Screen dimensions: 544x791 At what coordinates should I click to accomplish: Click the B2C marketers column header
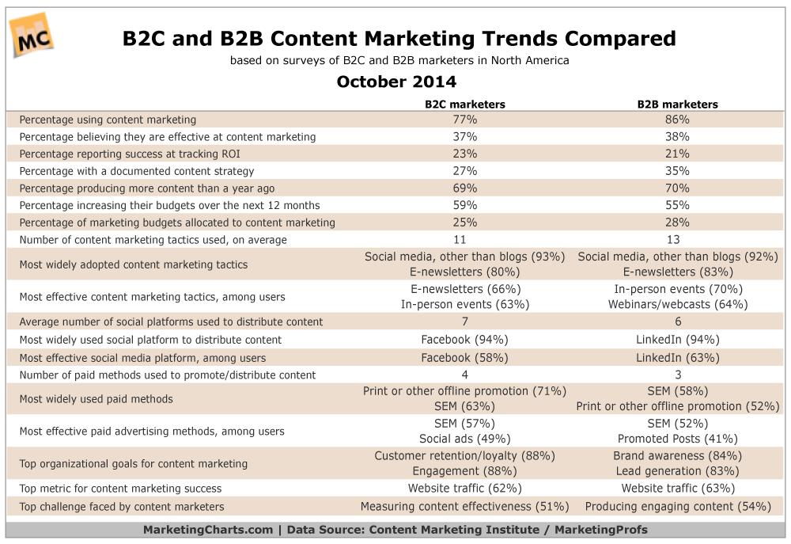[x=464, y=104]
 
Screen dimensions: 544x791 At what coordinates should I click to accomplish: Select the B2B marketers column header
[x=677, y=104]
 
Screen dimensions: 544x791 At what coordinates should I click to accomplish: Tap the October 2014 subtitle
[x=396, y=82]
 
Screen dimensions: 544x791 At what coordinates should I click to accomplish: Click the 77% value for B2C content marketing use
[x=464, y=120]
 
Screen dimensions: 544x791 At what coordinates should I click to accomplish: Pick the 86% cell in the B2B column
[x=677, y=120]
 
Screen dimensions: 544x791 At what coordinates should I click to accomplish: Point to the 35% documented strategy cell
[x=677, y=170]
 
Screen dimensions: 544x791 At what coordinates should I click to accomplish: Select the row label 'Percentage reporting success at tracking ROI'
[x=130, y=154]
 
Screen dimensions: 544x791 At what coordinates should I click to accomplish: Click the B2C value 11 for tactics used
[x=464, y=239]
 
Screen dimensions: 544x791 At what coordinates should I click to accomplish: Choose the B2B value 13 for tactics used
[x=677, y=239]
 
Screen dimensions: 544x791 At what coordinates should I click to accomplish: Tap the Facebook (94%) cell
[x=464, y=340]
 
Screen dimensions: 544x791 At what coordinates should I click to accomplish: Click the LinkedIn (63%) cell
[x=677, y=357]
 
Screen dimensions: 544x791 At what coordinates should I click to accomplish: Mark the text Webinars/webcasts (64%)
[x=677, y=304]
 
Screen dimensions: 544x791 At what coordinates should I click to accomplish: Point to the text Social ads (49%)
[x=464, y=439]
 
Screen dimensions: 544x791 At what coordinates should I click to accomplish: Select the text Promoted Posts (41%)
[x=677, y=439]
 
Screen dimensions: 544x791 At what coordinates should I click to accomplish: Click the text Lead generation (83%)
[x=677, y=471]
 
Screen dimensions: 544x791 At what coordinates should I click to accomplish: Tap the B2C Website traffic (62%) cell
[x=464, y=489]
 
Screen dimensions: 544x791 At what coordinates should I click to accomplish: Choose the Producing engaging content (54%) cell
[x=677, y=506]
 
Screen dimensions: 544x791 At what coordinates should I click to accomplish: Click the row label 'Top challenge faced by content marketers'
[x=122, y=506]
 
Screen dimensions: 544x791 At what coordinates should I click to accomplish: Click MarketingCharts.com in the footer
[x=208, y=530]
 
